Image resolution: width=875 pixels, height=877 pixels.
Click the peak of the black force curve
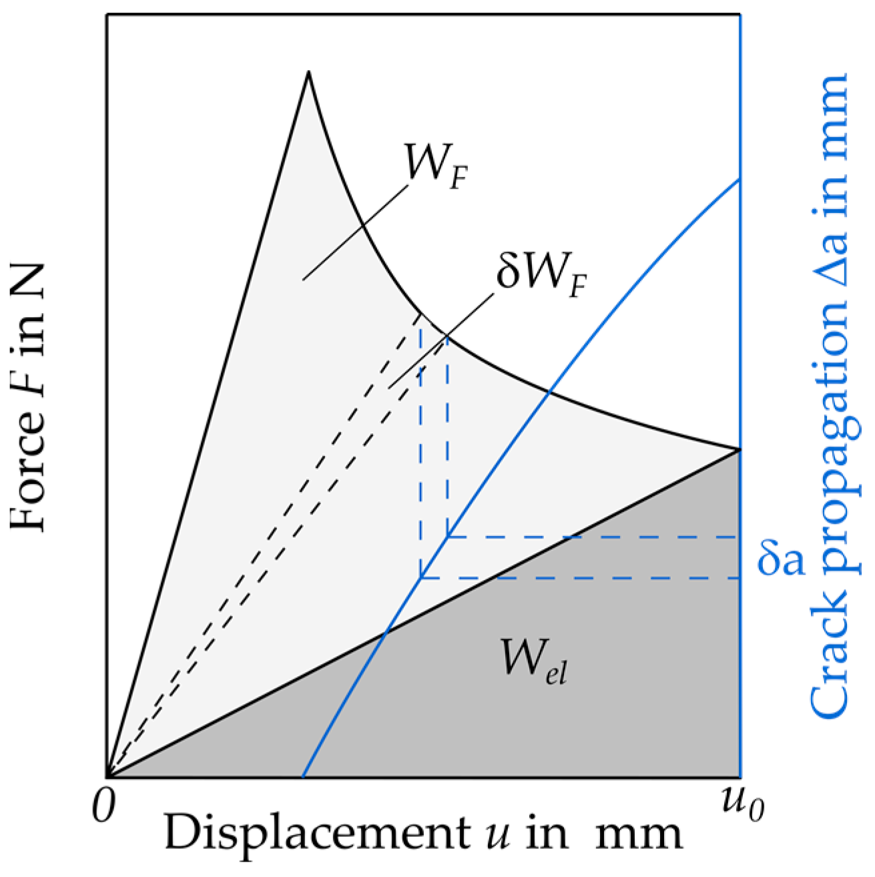pyautogui.click(x=308, y=71)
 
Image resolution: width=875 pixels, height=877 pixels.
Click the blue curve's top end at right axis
pyautogui.click(x=740, y=180)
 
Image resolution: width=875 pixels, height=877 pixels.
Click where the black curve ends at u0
pyautogui.click(x=740, y=450)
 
